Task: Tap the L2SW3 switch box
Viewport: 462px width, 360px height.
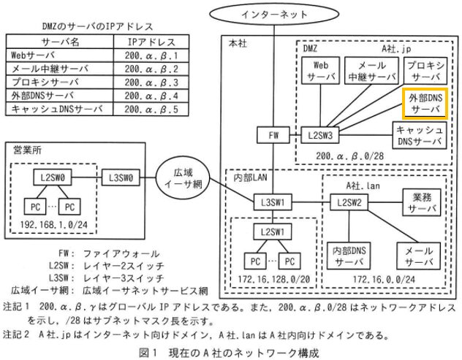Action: (x=319, y=135)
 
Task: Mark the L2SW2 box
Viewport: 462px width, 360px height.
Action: (x=349, y=201)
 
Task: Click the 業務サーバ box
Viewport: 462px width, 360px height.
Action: (x=423, y=201)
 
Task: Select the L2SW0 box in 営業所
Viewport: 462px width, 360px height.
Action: (x=49, y=177)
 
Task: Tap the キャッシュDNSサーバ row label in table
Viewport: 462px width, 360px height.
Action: (x=57, y=110)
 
